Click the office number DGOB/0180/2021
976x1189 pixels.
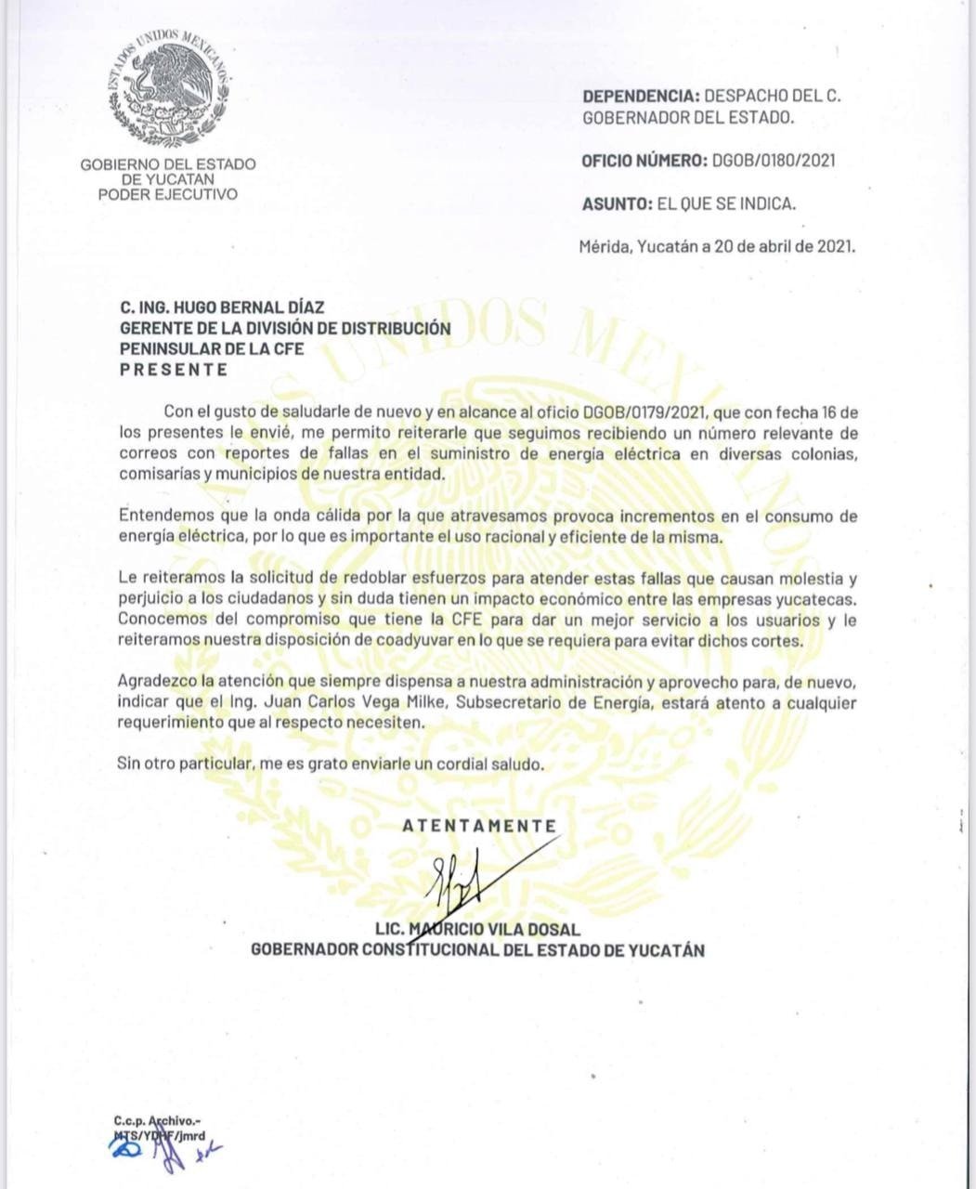click(774, 161)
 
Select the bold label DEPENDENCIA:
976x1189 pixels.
click(640, 96)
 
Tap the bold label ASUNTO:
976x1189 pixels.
click(617, 203)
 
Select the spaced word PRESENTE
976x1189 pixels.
click(174, 370)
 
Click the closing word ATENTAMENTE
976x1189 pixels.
click(479, 826)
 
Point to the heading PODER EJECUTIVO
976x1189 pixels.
click(168, 194)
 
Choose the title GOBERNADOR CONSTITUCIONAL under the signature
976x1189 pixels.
click(372, 950)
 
